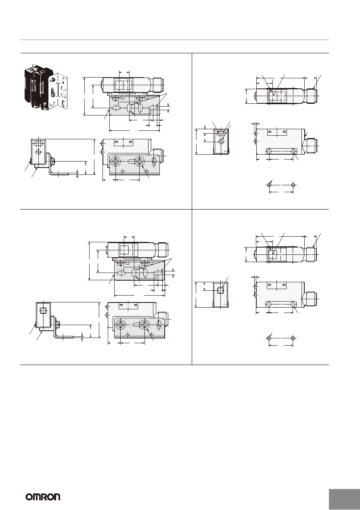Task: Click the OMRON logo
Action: [x=43, y=497]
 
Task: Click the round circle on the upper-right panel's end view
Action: [x=221, y=142]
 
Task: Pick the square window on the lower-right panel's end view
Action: [x=220, y=290]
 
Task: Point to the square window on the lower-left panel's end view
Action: [x=43, y=311]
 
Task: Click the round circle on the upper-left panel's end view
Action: [x=38, y=152]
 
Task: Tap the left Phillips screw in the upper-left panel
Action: [x=116, y=162]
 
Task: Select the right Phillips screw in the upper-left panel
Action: [x=139, y=162]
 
